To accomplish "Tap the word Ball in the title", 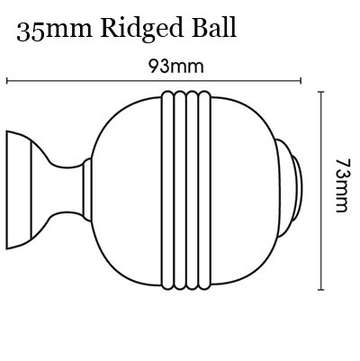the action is tap(215, 28).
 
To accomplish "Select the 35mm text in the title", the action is tap(54, 31).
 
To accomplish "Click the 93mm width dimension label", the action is tap(176, 67).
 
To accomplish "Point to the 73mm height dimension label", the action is tap(342, 185).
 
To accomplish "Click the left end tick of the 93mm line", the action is tap(6, 81).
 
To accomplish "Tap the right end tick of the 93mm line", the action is tap(301, 81).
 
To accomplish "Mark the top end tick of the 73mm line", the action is tap(321, 92).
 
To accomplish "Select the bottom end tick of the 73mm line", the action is tap(321, 290).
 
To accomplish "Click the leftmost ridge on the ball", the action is tap(167, 190).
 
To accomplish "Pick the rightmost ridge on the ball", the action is tap(205, 190).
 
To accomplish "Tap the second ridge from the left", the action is tap(180, 190).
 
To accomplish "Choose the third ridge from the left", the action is tap(193, 190).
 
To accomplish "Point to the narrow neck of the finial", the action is tap(66, 190).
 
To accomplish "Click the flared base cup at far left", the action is tap(19, 190).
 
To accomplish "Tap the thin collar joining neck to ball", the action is tap(87, 190).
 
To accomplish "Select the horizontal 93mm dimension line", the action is tap(154, 81).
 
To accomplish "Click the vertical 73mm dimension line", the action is tap(321, 191).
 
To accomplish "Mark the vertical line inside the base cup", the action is tap(31, 190).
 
